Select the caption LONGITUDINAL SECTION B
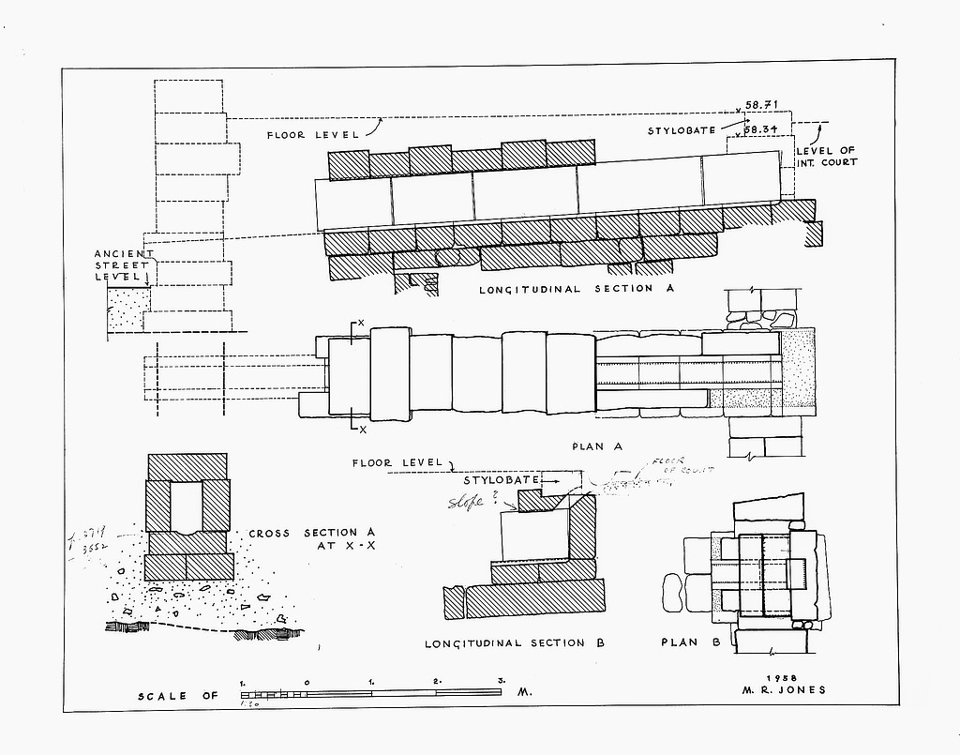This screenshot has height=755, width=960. pyautogui.click(x=514, y=643)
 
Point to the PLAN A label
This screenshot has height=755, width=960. pyautogui.click(x=597, y=446)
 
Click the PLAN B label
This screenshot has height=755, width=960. pyautogui.click(x=690, y=643)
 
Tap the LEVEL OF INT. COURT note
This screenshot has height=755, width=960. pyautogui.click(x=826, y=157)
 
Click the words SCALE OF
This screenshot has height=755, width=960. pyautogui.click(x=177, y=696)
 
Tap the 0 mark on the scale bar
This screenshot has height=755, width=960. pyautogui.click(x=307, y=681)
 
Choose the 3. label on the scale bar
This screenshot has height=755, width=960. pyautogui.click(x=502, y=681)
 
